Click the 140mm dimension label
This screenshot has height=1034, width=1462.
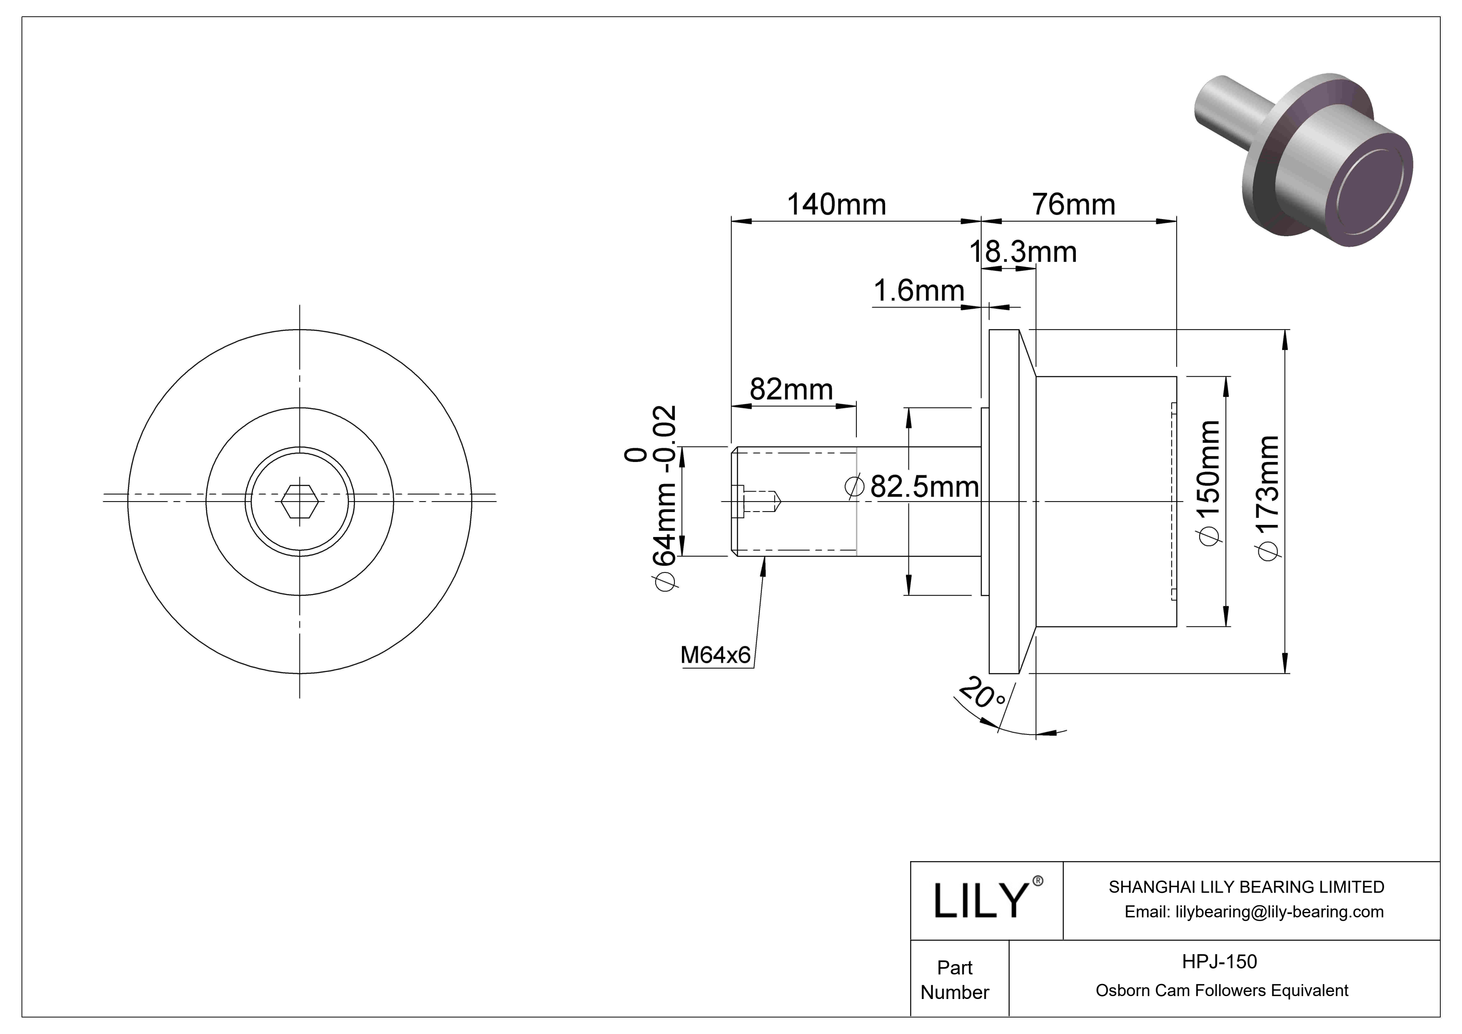[836, 205]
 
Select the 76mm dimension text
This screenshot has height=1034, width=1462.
[1073, 205]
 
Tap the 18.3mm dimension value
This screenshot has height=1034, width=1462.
[1023, 253]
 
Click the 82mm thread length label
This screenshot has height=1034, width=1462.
[791, 389]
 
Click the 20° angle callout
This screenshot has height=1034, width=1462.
[983, 694]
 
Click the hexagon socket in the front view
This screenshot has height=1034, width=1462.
[300, 502]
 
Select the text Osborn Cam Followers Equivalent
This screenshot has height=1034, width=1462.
[1221, 990]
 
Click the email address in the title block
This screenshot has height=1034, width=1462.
[1253, 912]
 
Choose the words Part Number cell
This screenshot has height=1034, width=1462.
[955, 979]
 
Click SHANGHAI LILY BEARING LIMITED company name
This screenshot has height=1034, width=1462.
[1246, 887]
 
